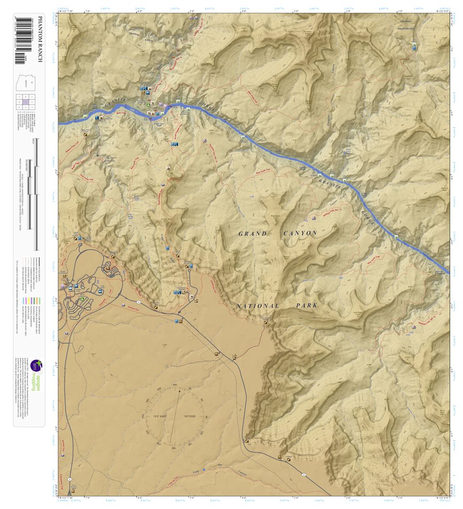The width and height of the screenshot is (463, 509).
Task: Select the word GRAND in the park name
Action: point(252,234)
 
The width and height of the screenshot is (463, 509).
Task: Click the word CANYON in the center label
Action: point(299,233)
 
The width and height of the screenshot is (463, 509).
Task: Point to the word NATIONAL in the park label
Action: point(258,306)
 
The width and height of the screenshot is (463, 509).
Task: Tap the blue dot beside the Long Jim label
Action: point(204,470)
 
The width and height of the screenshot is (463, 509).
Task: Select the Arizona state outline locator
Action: point(27,84)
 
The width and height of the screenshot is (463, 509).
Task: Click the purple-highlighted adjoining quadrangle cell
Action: point(25,102)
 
